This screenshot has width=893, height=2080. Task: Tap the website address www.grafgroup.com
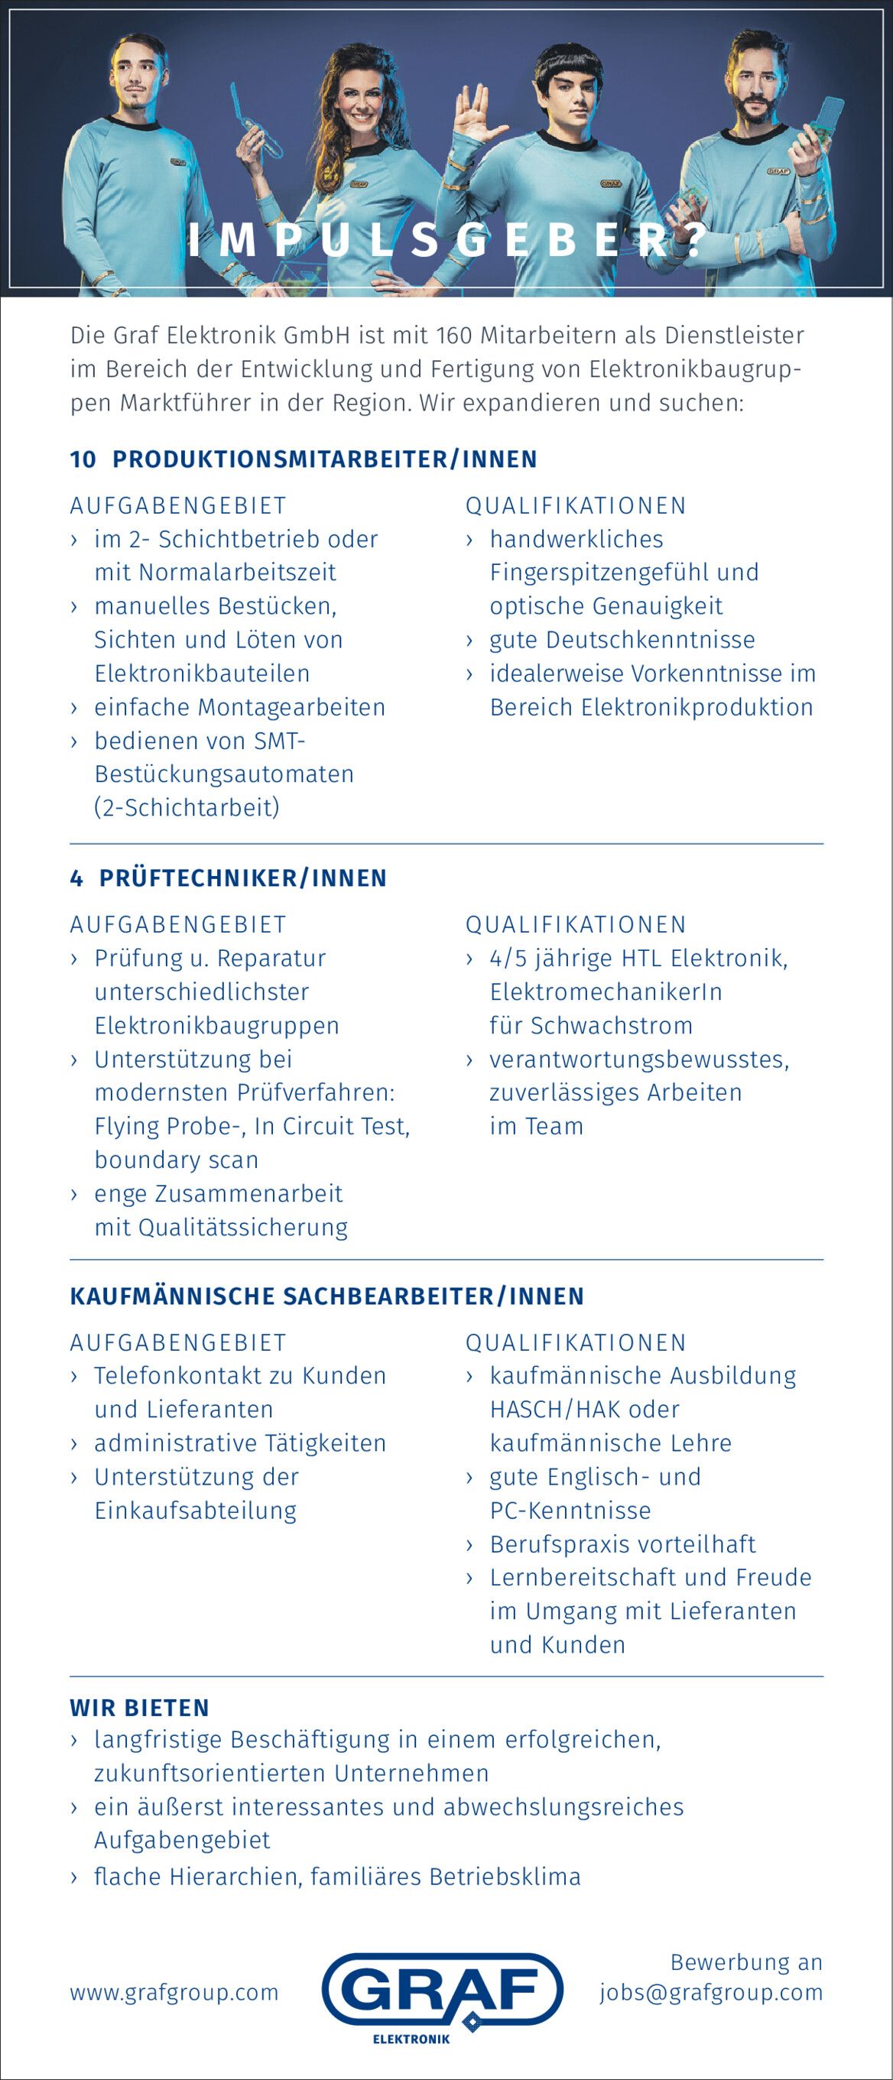click(x=174, y=1993)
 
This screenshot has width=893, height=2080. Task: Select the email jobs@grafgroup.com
click(x=710, y=1993)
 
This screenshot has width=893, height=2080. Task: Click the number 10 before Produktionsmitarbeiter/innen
click(x=83, y=459)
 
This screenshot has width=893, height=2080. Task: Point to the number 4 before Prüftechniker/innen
click(x=76, y=878)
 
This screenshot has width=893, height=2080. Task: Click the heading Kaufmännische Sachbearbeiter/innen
click(x=327, y=1296)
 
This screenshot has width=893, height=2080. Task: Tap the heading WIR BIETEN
click(x=140, y=1708)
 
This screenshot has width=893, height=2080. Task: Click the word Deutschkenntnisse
click(x=650, y=641)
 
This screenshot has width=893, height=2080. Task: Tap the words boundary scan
click(x=177, y=1160)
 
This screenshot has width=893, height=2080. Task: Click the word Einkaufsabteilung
click(x=196, y=1511)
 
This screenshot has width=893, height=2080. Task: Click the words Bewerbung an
click(x=746, y=1962)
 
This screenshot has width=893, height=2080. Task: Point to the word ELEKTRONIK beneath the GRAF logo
click(x=411, y=2040)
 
